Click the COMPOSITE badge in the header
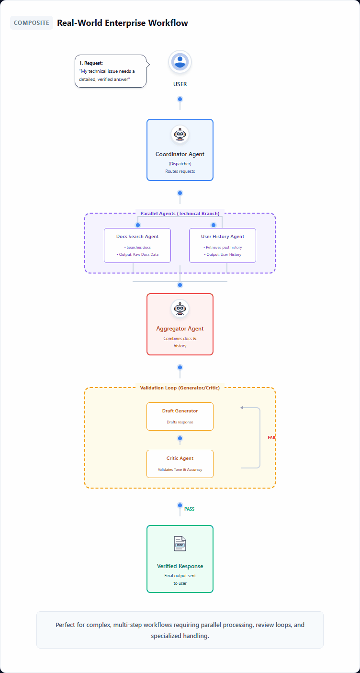32,23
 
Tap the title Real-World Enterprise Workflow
122,23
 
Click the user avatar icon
180,62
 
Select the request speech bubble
110,71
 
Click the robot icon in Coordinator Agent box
180,135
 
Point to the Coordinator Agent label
180,154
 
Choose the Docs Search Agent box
137,245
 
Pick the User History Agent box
223,245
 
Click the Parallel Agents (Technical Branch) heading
180,213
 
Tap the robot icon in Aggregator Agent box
180,309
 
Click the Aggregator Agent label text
180,329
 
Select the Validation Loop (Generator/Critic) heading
180,388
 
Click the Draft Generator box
180,416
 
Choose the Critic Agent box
180,464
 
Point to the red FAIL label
271,438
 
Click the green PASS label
189,509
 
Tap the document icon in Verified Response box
180,544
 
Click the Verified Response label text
180,566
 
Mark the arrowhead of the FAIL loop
242,408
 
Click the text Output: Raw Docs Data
137,254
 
